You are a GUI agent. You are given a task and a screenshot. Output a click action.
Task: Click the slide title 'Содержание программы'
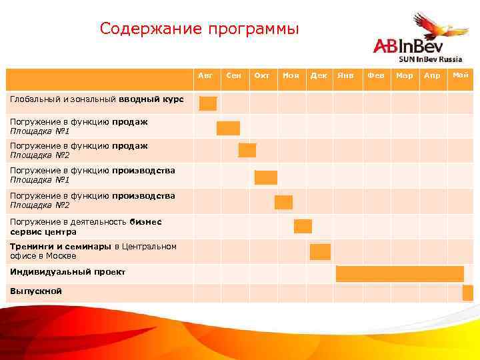click(199, 29)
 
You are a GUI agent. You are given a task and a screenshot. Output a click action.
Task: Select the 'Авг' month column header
click(206, 76)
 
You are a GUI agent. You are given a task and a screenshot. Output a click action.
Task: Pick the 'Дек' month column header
click(319, 76)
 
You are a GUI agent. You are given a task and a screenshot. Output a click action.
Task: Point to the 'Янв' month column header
click(346, 76)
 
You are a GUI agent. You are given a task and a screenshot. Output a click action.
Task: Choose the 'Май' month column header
click(461, 75)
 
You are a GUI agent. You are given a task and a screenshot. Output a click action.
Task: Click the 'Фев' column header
click(375, 76)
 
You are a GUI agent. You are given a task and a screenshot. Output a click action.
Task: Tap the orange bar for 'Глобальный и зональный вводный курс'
click(208, 103)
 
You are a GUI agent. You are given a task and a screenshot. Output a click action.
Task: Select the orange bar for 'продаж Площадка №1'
click(228, 128)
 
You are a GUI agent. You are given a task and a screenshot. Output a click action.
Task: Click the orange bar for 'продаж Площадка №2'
click(247, 150)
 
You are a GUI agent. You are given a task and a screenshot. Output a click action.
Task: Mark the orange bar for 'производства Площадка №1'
click(265, 177)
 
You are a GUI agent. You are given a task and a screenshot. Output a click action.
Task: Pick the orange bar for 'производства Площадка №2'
click(283, 202)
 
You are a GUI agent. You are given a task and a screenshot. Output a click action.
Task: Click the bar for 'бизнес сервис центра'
click(303, 226)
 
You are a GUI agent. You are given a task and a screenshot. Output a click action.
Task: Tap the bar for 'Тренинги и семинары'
click(320, 251)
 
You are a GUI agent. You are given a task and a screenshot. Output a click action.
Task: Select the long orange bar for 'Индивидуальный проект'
click(399, 274)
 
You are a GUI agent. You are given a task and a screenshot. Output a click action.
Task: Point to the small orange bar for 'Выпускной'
click(467, 293)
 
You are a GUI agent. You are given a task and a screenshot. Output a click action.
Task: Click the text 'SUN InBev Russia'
click(430, 59)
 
